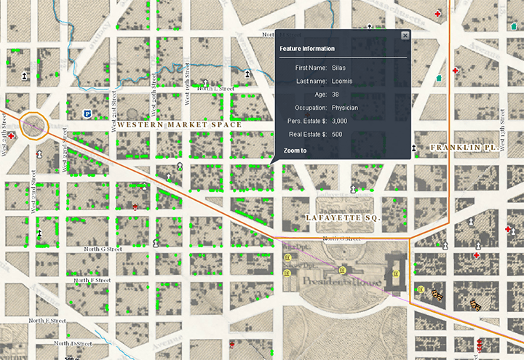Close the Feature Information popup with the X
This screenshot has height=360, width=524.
(405, 36)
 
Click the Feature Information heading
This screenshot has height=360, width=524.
(307, 49)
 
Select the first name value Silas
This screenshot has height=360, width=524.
(338, 67)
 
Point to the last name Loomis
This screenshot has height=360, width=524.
(341, 81)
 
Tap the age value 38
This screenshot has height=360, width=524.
(336, 95)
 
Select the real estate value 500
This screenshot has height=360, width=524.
(337, 135)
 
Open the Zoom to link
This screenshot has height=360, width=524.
(295, 151)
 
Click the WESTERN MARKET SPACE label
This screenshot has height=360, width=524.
(179, 125)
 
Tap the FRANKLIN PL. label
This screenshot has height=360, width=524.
(463, 147)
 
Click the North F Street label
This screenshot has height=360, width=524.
(92, 279)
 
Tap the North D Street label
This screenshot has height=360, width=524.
(74, 343)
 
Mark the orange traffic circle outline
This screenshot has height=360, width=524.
(34, 125)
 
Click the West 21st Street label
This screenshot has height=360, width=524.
(114, 113)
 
